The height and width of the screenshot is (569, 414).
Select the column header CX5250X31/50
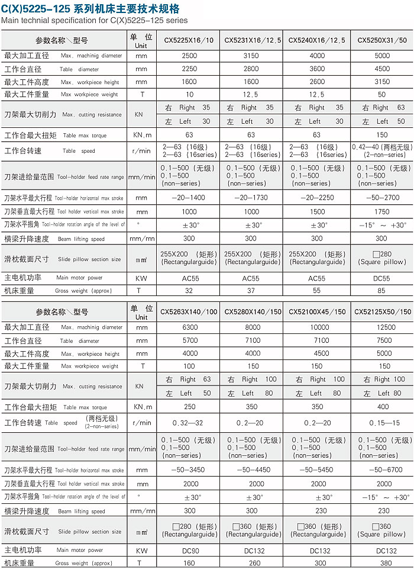382,40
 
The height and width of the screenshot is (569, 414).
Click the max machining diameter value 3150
251,56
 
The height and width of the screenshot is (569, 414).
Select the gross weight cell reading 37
251,291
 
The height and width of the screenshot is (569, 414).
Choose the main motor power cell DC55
382,278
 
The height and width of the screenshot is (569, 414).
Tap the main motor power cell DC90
189,550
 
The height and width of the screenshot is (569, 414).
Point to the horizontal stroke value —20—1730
251,198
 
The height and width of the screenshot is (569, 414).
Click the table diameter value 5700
189,340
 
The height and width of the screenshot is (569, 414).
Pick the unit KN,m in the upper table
141,135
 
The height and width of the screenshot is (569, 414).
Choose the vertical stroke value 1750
382,211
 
